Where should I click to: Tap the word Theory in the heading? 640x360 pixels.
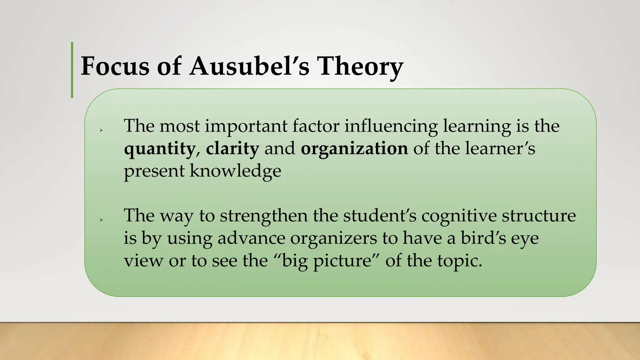point(360,67)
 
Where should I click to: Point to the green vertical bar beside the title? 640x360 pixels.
point(72,70)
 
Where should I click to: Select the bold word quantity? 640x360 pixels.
point(159,149)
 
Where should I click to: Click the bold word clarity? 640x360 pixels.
point(232,149)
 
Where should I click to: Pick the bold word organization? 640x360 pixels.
point(354,149)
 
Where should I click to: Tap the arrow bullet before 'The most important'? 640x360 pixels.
point(101,130)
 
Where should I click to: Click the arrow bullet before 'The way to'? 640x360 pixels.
point(101,220)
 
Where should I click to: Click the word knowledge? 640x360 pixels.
point(235,171)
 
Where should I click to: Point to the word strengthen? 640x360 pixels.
point(264,216)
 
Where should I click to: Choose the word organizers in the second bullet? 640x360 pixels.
point(333,239)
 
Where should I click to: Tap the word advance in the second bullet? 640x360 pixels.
point(251,238)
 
